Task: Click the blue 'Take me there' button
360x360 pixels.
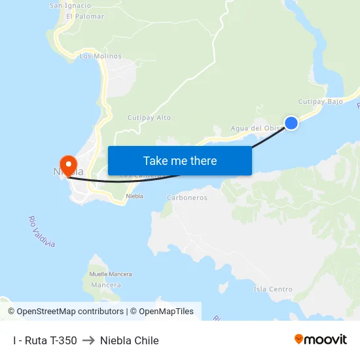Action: pyautogui.click(x=179, y=160)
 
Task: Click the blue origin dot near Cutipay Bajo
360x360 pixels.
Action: pyautogui.click(x=291, y=122)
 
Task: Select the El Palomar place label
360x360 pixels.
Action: pyautogui.click(x=85, y=16)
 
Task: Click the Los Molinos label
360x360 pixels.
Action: pyautogui.click(x=100, y=56)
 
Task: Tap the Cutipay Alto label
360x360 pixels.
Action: pyautogui.click(x=149, y=118)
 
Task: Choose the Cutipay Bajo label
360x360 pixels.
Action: pyautogui.click(x=321, y=101)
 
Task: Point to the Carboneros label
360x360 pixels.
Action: pyautogui.click(x=187, y=198)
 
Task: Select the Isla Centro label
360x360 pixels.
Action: pyautogui.click(x=273, y=289)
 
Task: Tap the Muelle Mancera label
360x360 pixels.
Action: pyautogui.click(x=111, y=274)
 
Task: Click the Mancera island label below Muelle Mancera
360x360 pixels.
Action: pyautogui.click(x=106, y=285)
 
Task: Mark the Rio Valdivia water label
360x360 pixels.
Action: pyautogui.click(x=42, y=232)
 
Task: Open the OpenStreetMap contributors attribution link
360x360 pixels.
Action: pyautogui.click(x=65, y=312)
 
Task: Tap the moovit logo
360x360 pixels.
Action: pyautogui.click(x=321, y=339)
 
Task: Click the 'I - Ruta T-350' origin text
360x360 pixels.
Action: pyautogui.click(x=45, y=340)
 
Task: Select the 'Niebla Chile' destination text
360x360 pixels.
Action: pyautogui.click(x=130, y=340)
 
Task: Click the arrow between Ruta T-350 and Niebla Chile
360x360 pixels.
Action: pyautogui.click(x=88, y=340)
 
